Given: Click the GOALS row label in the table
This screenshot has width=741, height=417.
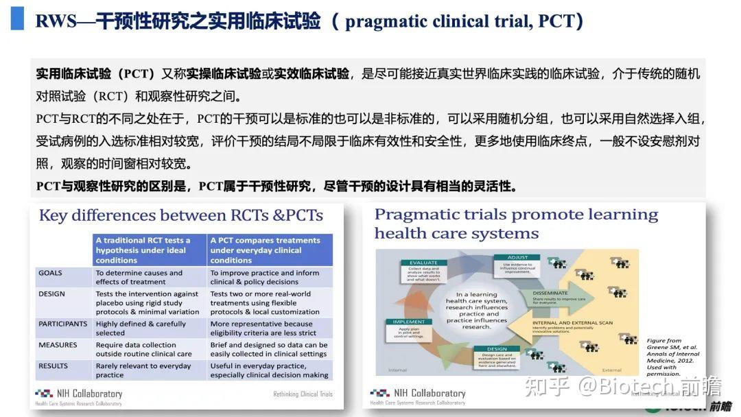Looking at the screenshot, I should coord(51,273).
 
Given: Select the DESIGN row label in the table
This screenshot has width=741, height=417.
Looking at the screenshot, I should coord(52,294).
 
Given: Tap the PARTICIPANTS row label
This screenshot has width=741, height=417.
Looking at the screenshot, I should coord(63,324).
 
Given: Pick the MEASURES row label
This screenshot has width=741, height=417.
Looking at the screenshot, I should coord(58,345).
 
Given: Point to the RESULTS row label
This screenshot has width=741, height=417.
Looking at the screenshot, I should coord(54,366).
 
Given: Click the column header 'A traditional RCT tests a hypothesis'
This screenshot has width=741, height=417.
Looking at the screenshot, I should coord(149,250).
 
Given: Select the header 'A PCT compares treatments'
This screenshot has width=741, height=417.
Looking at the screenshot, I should coord(269,250).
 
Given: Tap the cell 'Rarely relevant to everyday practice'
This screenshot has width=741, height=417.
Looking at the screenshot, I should coord(143,370).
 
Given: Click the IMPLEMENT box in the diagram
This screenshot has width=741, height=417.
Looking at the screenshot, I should coord(408,321).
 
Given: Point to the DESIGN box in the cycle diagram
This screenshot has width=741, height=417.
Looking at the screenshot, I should coord(497,348).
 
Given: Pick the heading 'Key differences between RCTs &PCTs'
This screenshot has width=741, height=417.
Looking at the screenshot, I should coord(181,215).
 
